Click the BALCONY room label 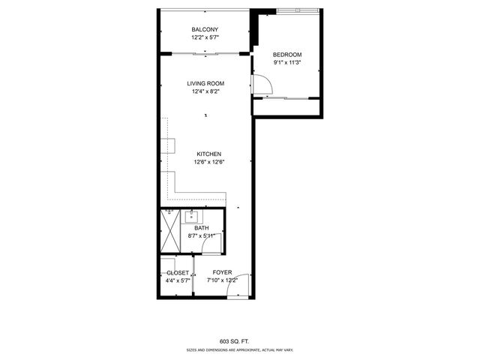coord(204,30)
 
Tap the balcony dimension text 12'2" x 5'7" coord(204,37)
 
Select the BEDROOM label coord(286,55)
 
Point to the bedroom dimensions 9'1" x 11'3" coord(286,62)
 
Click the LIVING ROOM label coord(205,83)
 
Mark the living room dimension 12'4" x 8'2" coord(205,91)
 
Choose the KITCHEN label coord(208,154)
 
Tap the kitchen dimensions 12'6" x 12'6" coord(209,162)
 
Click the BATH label coord(201,228)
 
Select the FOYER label coord(222,272)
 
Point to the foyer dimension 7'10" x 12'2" coord(222,280)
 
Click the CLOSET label coord(178,272)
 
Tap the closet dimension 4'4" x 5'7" coord(178,280)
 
